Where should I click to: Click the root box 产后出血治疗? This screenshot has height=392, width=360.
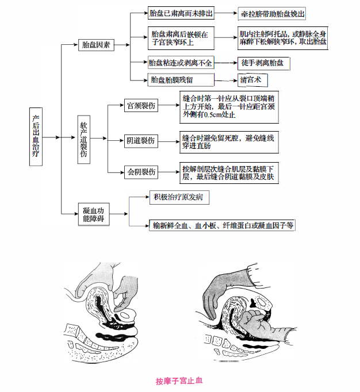coord(36,137)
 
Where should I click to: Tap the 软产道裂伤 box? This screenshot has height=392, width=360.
coord(83,139)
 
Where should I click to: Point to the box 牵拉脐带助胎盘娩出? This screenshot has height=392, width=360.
coord(272,14)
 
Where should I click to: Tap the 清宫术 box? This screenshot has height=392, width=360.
coord(253,79)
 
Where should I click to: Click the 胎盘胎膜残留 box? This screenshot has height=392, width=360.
coord(180,79)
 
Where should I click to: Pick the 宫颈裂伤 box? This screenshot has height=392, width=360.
coord(141,106)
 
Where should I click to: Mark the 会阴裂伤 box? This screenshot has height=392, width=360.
coord(141,172)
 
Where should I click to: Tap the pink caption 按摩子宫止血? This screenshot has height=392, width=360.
coord(179,381)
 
